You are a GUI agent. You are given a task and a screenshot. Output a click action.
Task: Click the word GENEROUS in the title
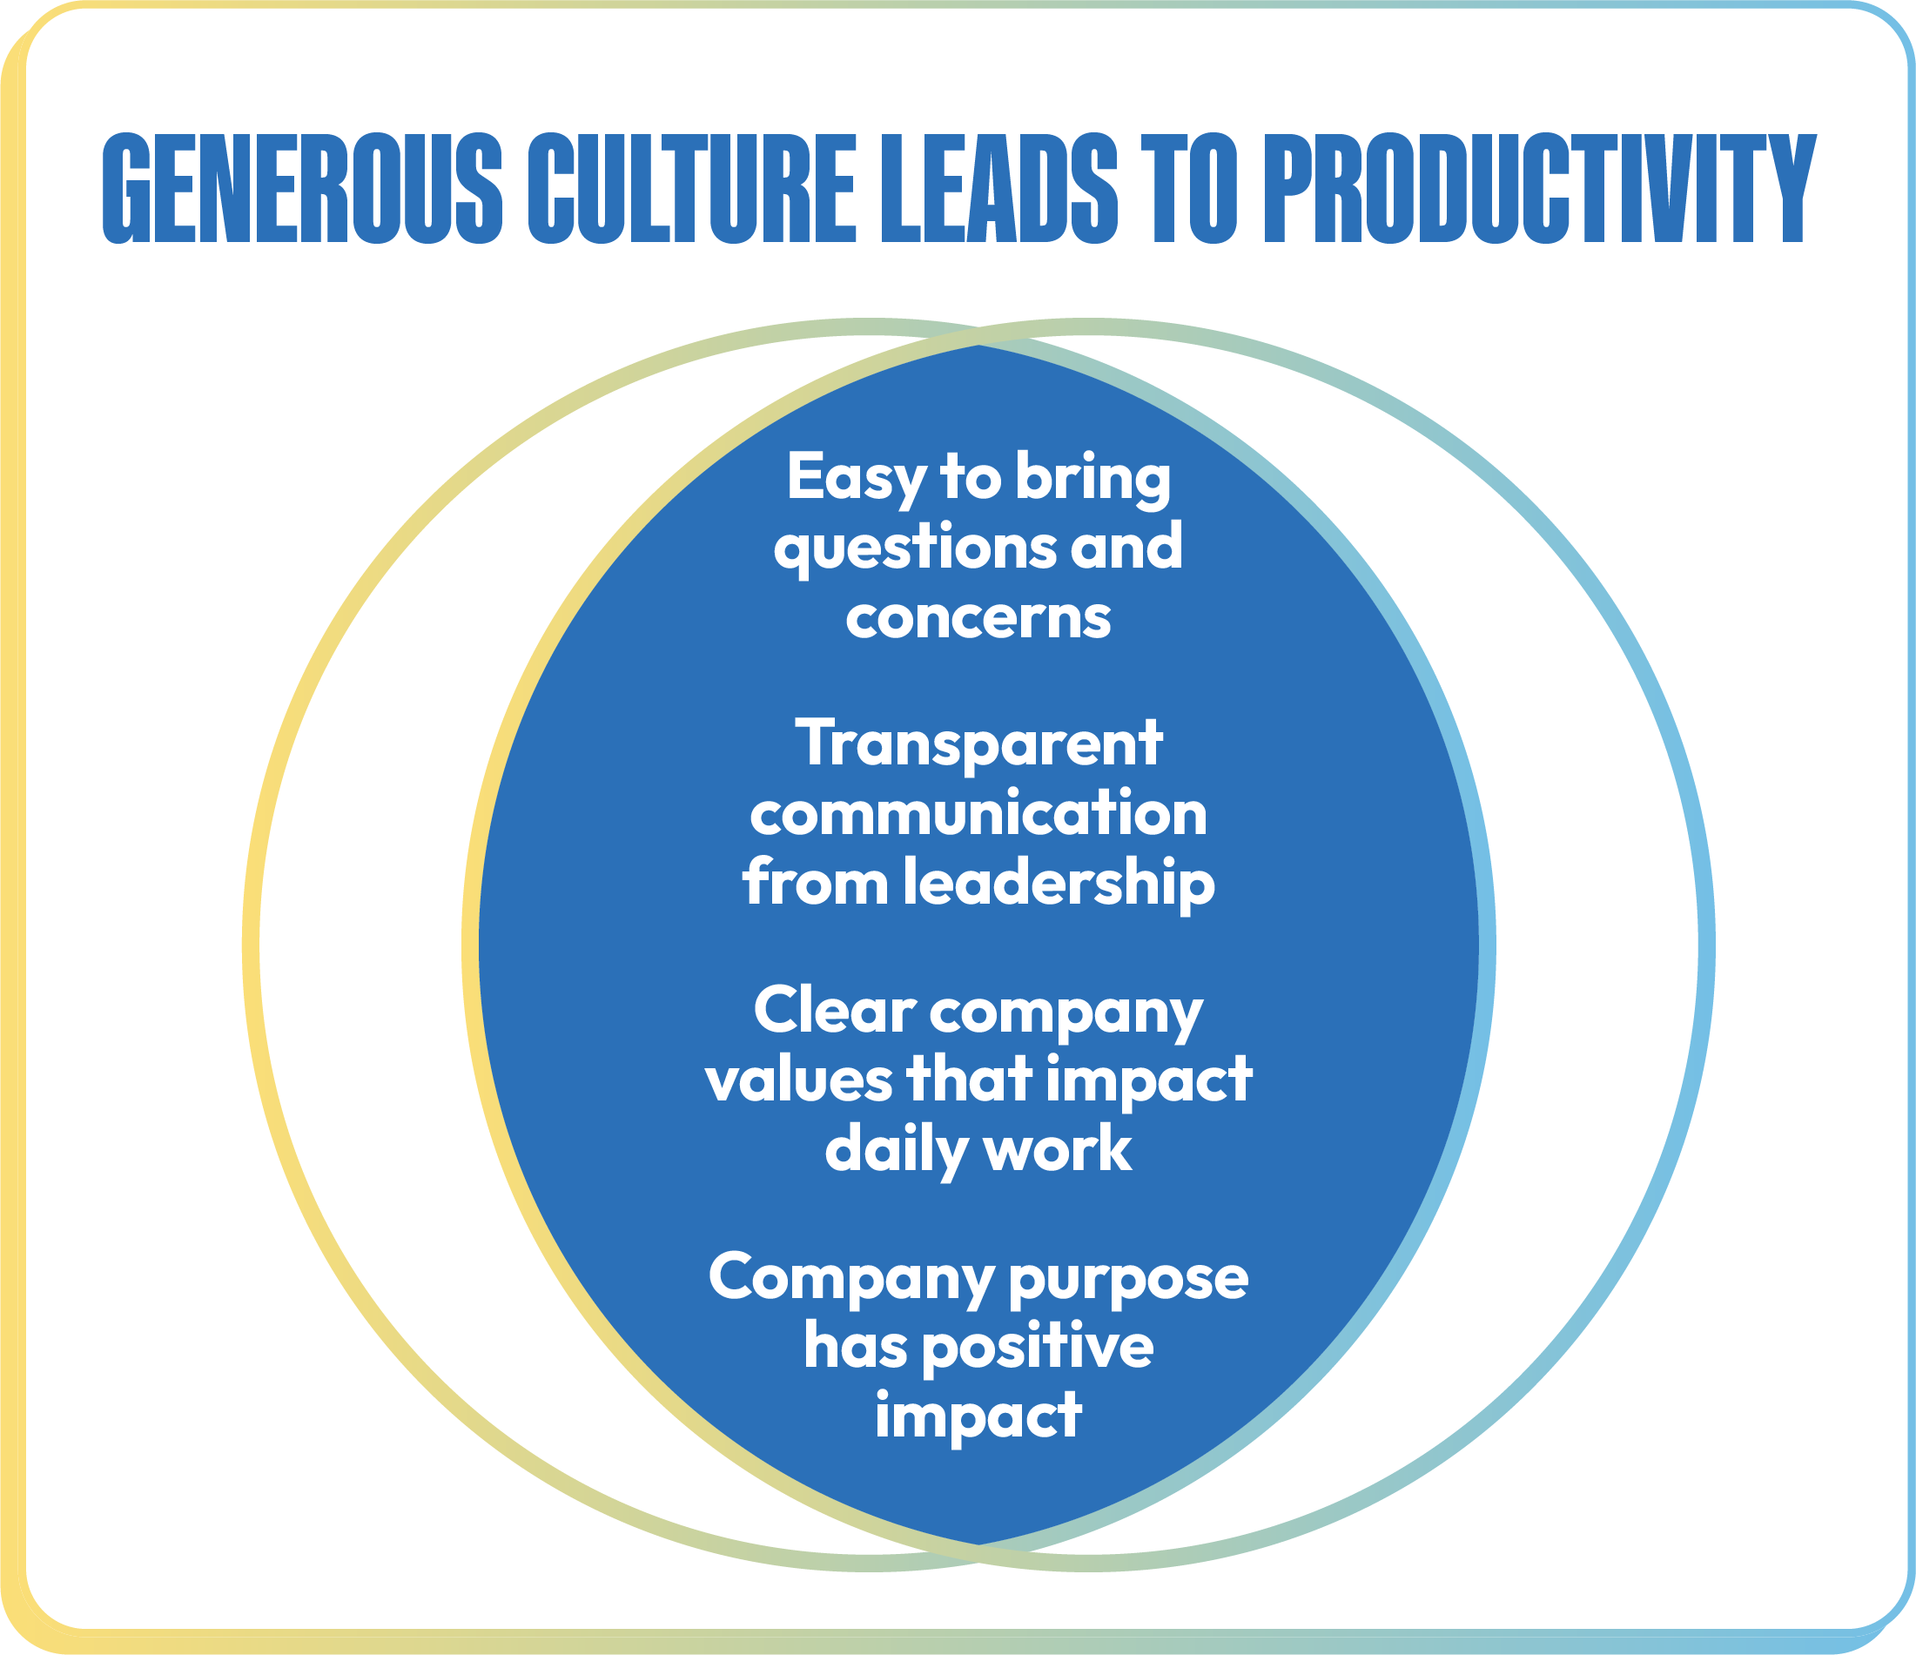(x=302, y=189)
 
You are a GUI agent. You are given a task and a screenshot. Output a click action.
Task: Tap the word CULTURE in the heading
(x=692, y=189)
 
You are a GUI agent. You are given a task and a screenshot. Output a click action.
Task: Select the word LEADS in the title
(x=999, y=189)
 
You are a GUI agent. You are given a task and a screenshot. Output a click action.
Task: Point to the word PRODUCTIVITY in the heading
(x=1540, y=189)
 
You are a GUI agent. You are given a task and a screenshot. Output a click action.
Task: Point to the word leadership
(x=1059, y=884)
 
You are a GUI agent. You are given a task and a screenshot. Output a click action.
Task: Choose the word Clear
(x=834, y=1010)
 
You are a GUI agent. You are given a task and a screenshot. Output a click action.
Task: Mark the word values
(x=799, y=1079)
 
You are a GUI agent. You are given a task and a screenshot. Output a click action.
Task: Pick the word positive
(x=1039, y=1348)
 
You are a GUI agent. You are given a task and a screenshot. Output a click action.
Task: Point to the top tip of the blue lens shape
(x=979, y=346)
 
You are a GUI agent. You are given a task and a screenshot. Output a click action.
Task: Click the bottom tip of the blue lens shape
(x=979, y=1545)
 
